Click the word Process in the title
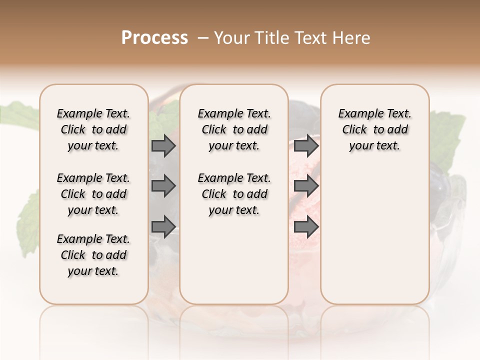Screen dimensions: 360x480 coord(154,38)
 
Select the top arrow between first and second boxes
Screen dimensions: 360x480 coord(163,145)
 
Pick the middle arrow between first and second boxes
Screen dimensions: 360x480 coord(163,186)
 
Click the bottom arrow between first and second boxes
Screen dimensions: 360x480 coord(163,227)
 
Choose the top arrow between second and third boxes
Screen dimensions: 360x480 coord(306,145)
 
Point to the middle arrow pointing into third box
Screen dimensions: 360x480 coord(306,186)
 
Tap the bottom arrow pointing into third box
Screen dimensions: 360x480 coord(306,227)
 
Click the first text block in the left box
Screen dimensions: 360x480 coord(93,129)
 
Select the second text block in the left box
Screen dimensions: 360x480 coord(93,194)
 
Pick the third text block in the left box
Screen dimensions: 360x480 coord(93,255)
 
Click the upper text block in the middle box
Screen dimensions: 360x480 coord(234,129)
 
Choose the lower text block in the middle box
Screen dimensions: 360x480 coord(234,194)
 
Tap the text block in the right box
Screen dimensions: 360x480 coord(375,129)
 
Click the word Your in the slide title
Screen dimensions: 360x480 coord(230,38)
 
